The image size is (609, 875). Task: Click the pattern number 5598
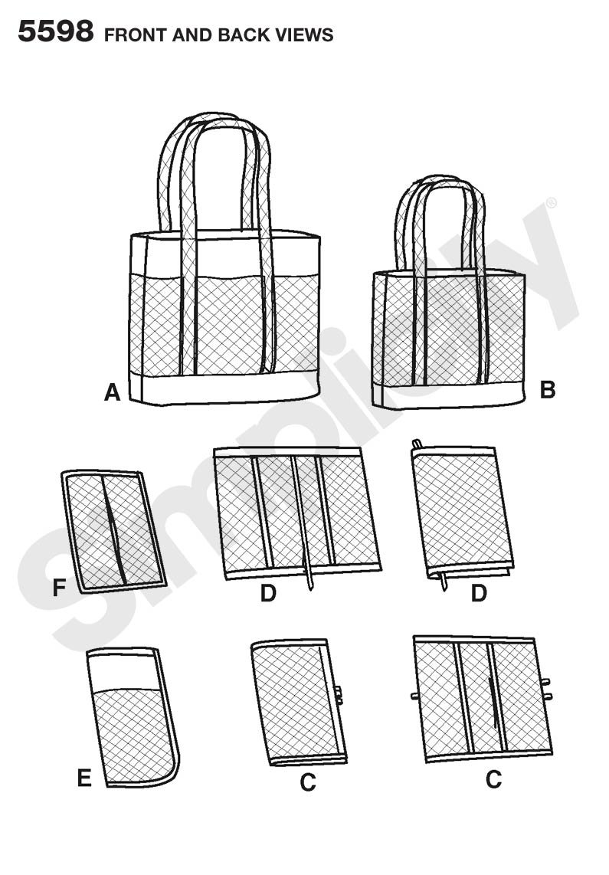coord(55,32)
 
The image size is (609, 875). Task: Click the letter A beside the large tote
coord(113,394)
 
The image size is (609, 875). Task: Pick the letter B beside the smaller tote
coord(547,390)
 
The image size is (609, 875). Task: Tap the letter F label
coord(58,588)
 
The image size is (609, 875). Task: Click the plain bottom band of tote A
coord(222,389)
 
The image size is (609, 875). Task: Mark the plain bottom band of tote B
coord(448,394)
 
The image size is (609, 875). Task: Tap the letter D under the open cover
coord(268,593)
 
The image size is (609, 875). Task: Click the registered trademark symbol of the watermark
coord(549,204)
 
